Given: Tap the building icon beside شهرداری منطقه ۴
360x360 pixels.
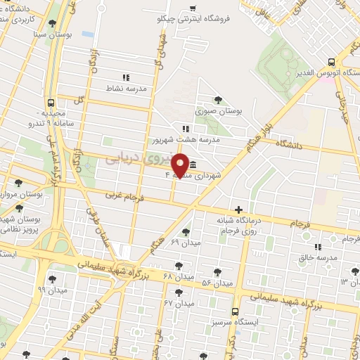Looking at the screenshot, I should click(x=193, y=167).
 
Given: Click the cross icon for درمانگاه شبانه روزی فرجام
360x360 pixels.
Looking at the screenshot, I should click(x=239, y=210).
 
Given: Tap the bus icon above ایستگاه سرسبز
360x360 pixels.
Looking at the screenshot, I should click(x=235, y=311).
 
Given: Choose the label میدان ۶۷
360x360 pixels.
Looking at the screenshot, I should click(x=179, y=304).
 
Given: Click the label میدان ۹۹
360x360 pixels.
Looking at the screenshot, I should click(x=52, y=290).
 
